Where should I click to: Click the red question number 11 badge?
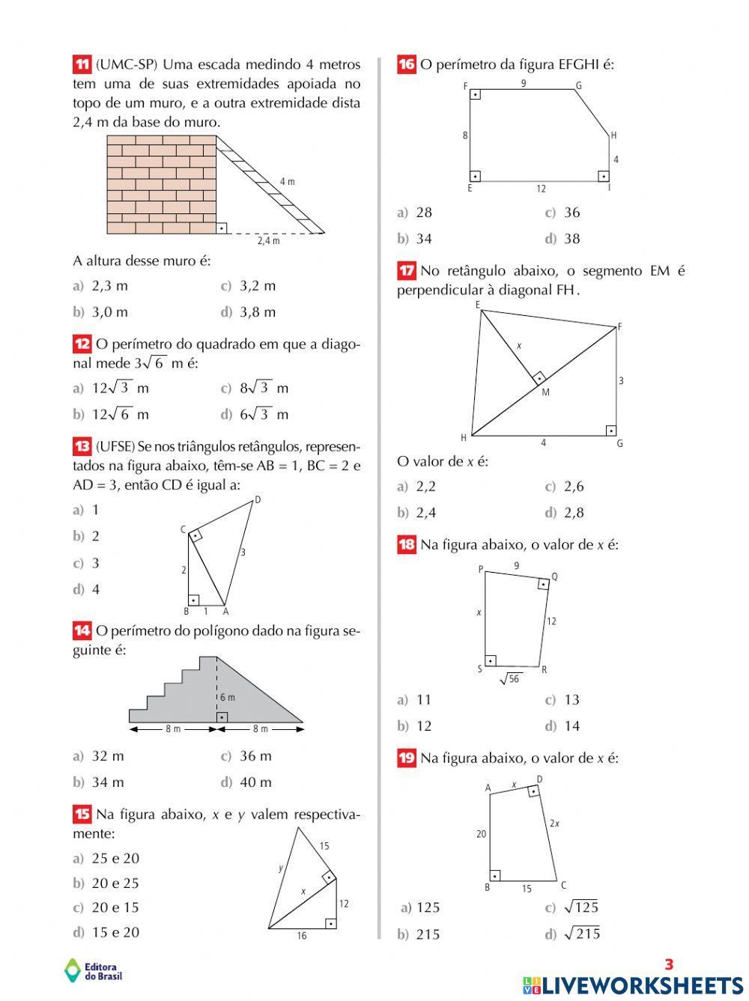[x=82, y=64]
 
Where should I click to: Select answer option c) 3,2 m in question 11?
[x=249, y=286]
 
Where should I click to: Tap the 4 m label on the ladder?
[x=287, y=182]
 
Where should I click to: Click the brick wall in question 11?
[x=161, y=184]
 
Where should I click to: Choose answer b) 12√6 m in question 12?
[x=111, y=415]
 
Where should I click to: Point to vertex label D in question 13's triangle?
[x=258, y=499]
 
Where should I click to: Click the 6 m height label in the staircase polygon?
[x=228, y=697]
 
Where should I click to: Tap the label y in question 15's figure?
[x=281, y=868]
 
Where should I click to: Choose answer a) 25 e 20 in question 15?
[x=106, y=859]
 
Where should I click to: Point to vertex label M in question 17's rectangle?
[x=545, y=392]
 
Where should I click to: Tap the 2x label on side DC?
[x=554, y=823]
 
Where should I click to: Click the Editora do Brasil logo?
[x=94, y=970]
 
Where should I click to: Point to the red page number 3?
[x=670, y=965]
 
